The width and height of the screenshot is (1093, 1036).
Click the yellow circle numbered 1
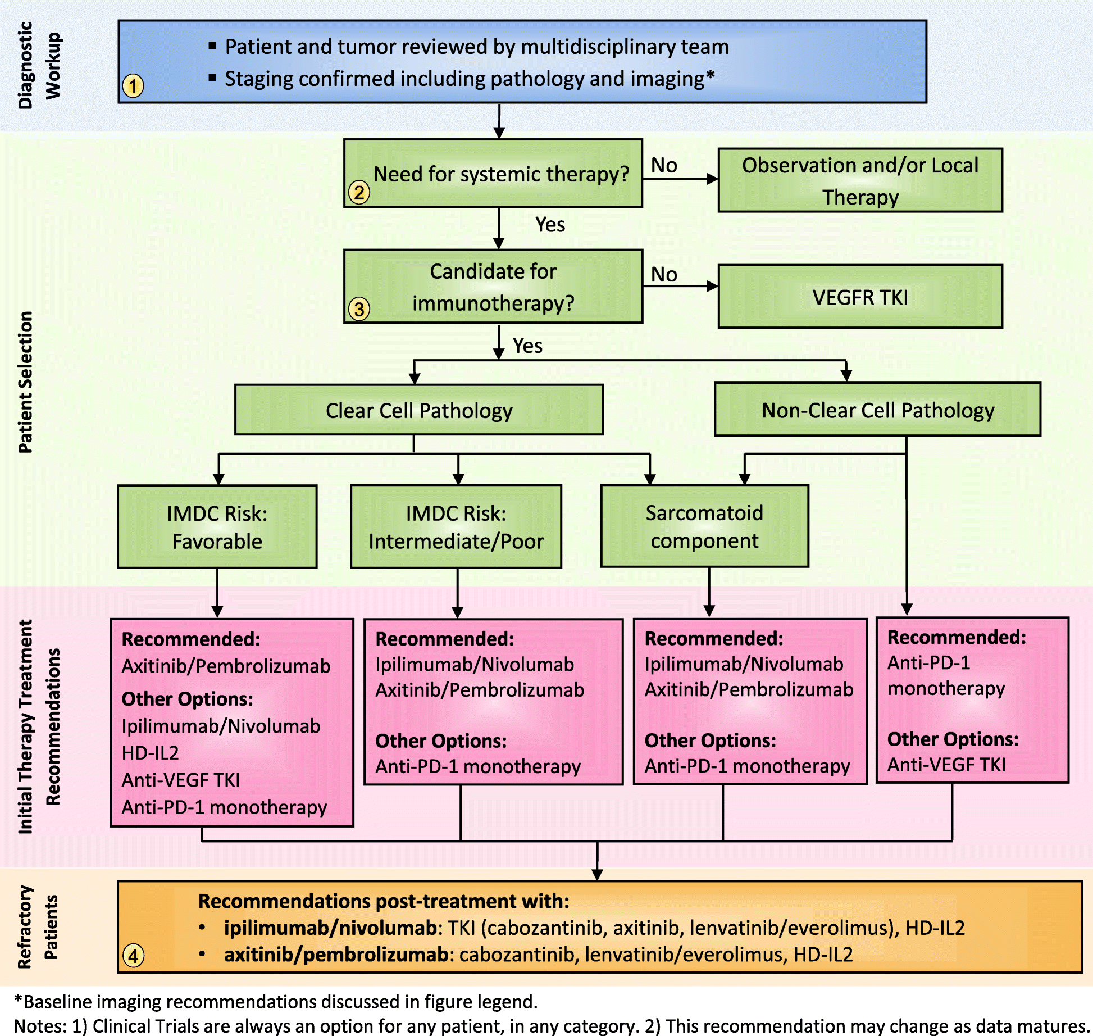pyautogui.click(x=133, y=86)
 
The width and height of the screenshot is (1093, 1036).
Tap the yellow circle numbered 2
pyautogui.click(x=359, y=193)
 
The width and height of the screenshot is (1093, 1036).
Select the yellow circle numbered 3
pyautogui.click(x=359, y=309)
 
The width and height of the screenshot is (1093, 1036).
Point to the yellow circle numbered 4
pyautogui.click(x=133, y=956)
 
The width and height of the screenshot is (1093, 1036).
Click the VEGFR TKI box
pyautogui.click(x=859, y=297)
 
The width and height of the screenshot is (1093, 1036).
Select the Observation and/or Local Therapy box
pyautogui.click(x=859, y=180)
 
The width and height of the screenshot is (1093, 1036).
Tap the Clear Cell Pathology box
pyautogui.click(x=418, y=410)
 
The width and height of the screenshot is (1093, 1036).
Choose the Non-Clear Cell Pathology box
pyautogui.click(x=877, y=410)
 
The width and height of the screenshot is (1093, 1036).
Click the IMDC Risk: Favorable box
pyautogui.click(x=217, y=527)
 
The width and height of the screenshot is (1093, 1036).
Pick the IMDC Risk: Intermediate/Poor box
pyautogui.click(x=456, y=527)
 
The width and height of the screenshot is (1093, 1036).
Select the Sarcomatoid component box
pyautogui.click(x=704, y=526)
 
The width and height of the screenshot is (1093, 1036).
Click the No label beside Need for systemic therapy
pyautogui.click(x=664, y=165)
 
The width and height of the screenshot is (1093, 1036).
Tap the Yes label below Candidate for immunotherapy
pyautogui.click(x=527, y=346)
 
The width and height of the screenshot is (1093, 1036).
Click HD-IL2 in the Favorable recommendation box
pyautogui.click(x=151, y=753)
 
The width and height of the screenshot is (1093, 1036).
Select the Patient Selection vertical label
pyautogui.click(x=25, y=382)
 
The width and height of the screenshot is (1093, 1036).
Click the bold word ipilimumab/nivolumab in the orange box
pyautogui.click(x=330, y=928)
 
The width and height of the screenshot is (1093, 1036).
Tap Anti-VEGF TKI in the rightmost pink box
pyautogui.click(x=946, y=765)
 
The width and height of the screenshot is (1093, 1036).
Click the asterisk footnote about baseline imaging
pyautogui.click(x=275, y=1002)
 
